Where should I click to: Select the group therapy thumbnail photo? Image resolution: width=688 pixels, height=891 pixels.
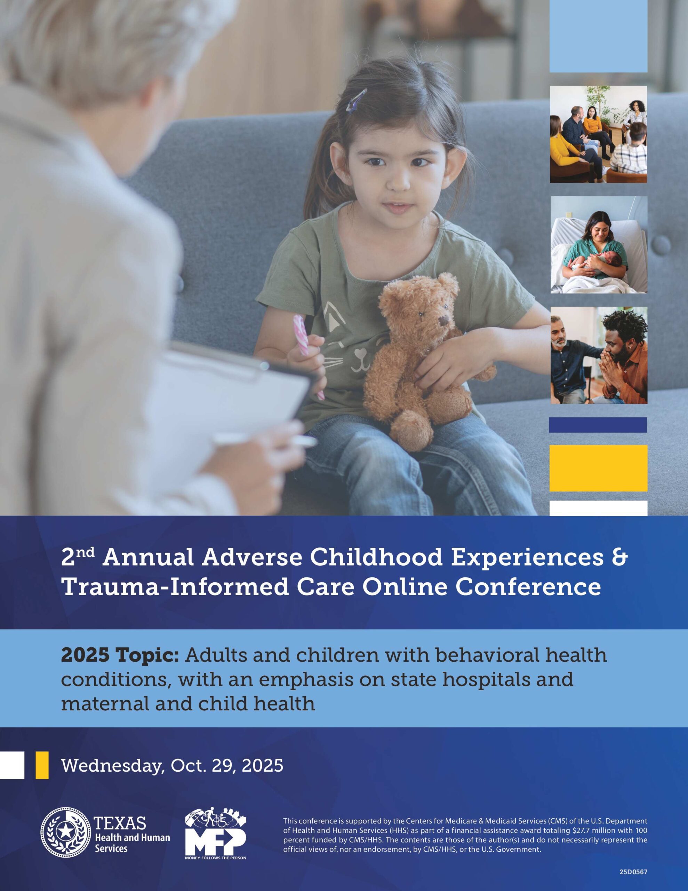coord(598,134)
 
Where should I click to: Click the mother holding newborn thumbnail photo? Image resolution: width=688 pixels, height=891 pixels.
coord(598,245)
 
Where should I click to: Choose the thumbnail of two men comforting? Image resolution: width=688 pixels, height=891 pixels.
coord(598,355)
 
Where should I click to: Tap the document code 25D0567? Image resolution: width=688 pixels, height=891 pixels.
coord(633,872)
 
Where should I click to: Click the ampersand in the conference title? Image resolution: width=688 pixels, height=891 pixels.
coord(619,557)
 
